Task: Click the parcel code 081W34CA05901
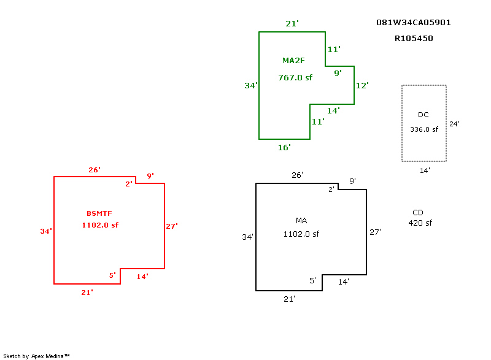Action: [x=413, y=23]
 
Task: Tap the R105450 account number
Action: [x=414, y=39]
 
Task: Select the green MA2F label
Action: [x=293, y=60]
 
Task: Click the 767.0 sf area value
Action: [x=295, y=77]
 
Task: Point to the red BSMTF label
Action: [x=99, y=213]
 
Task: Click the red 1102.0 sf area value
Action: [x=100, y=225]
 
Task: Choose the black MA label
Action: [x=301, y=221]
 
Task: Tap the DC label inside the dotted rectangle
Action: [x=423, y=115]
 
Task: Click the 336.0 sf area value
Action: [x=424, y=129]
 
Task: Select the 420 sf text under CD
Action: [x=420, y=223]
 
